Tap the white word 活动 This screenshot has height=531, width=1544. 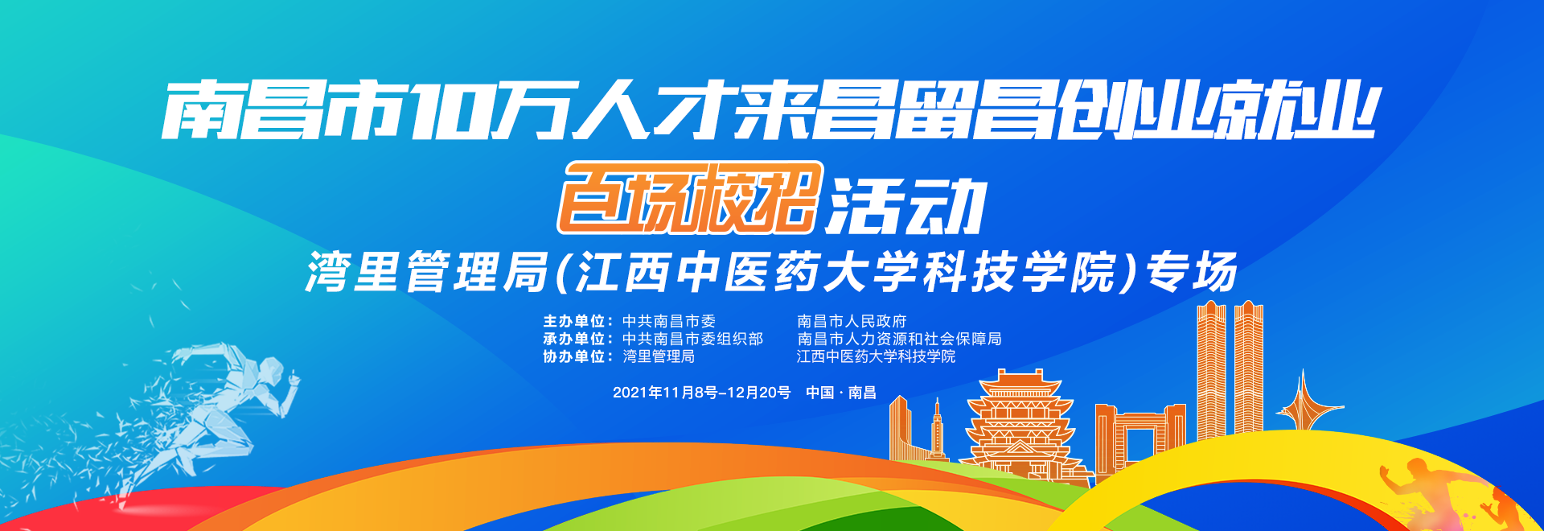907,206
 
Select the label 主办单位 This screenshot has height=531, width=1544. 573,321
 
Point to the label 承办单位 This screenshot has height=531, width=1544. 573,339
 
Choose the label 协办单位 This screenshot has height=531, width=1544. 573,356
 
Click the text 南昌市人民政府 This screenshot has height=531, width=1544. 852,321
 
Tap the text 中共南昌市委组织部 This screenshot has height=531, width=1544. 692,339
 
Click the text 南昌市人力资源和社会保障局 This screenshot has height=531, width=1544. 899,339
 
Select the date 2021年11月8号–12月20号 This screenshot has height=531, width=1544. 702,393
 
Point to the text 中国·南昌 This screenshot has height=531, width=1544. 841,393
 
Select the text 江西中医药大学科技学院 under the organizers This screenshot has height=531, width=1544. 876,356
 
